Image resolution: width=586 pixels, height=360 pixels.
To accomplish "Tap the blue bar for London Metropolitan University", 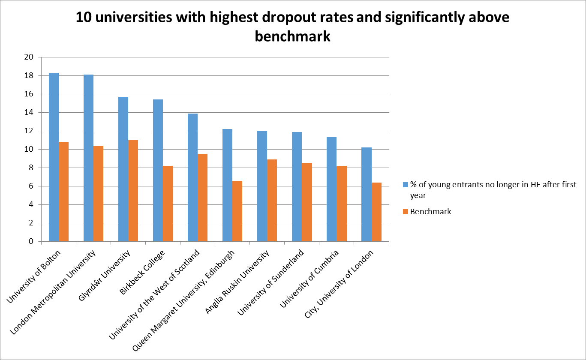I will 88,158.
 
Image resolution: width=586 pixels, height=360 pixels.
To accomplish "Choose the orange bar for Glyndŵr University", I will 133,191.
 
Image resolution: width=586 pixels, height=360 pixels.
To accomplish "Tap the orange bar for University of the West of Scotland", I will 202,198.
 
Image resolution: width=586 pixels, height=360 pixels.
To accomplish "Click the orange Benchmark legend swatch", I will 405,211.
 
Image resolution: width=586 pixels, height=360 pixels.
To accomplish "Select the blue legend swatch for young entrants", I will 405,185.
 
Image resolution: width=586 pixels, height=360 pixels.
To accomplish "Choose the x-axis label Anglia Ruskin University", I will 238,282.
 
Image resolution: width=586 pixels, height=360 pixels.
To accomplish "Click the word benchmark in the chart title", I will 292,36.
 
